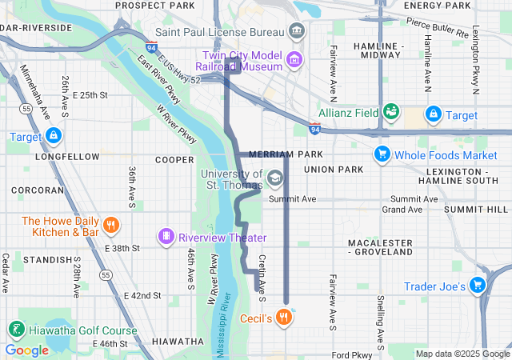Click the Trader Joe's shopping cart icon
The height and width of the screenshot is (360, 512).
[478, 285]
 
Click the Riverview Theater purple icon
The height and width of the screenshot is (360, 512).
[166, 237]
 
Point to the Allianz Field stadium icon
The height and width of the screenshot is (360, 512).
[391, 113]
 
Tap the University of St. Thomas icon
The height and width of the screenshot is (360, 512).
[275, 178]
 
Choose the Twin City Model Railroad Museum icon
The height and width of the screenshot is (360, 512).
[294, 58]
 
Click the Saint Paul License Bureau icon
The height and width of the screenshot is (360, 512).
[297, 31]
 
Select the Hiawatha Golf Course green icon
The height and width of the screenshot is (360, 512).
[15, 329]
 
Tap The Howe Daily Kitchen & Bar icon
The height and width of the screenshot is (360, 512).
[111, 226]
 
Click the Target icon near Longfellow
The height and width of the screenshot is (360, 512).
[54, 135]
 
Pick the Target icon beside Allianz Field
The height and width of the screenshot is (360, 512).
[434, 114]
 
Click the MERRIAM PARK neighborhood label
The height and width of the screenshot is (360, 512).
[286, 154]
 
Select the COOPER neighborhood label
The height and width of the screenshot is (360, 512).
[174, 160]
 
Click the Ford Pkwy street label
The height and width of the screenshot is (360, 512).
[351, 354]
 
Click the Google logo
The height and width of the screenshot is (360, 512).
[26, 350]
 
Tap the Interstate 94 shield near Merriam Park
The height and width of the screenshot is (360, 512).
[314, 128]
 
